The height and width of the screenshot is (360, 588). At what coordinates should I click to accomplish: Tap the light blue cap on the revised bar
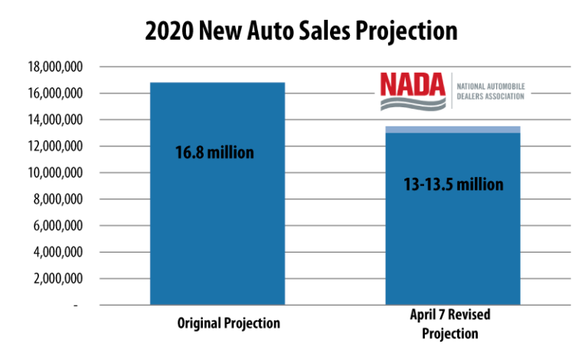pos(452,129)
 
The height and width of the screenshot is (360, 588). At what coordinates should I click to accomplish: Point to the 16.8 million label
pos(215,152)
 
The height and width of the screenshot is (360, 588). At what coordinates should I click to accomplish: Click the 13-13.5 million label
pos(454,185)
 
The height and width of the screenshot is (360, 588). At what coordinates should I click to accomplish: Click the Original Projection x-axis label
pos(217,323)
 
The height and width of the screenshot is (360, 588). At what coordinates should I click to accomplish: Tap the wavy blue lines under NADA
pos(413,100)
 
